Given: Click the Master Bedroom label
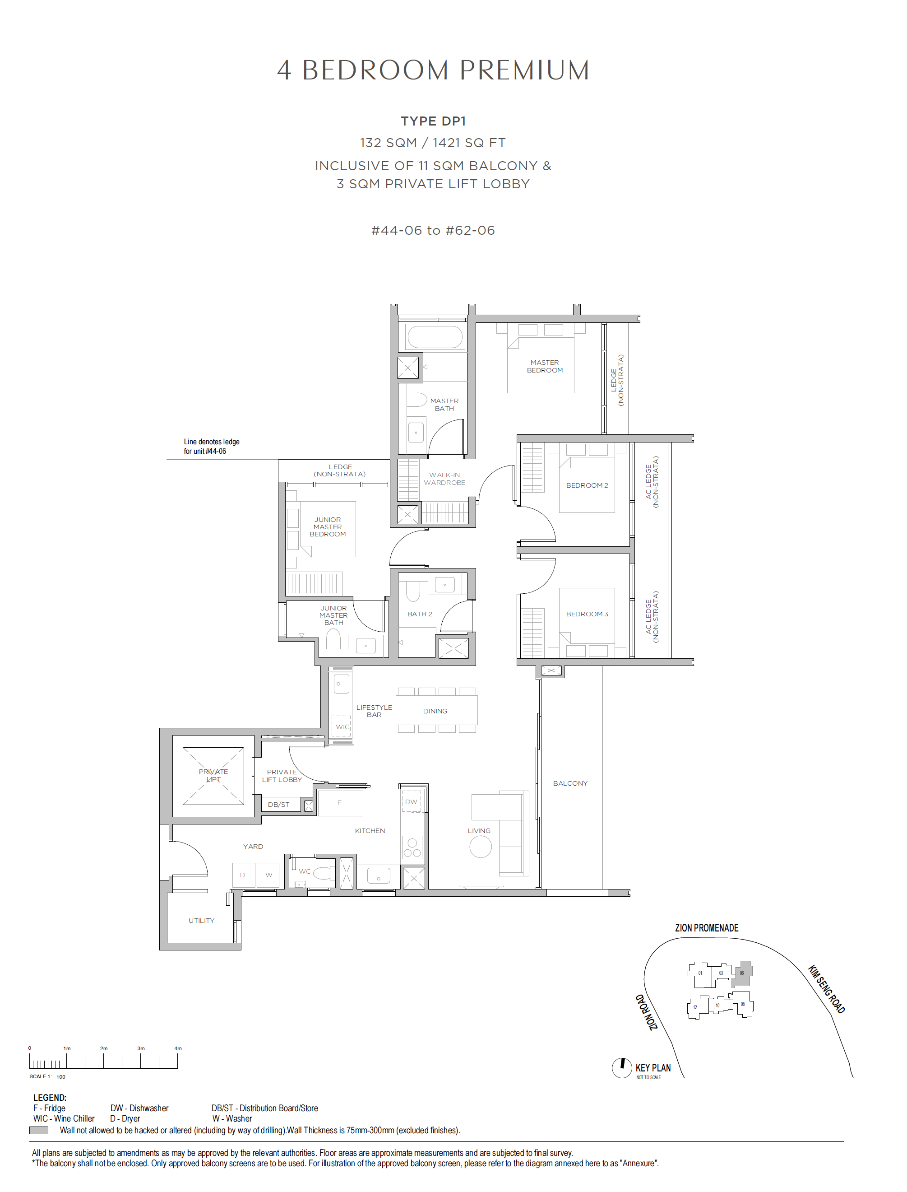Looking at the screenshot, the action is [545, 366].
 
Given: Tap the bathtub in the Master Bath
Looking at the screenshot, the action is [435, 336].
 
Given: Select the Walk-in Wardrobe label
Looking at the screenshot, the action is [444, 479].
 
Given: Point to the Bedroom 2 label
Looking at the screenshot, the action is [587, 485].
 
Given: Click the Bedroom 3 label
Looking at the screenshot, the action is [587, 614].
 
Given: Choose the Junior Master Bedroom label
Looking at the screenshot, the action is [328, 526].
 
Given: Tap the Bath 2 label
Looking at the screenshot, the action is [420, 614].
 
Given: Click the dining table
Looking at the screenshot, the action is [437, 710].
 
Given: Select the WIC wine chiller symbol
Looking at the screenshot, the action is [341, 727].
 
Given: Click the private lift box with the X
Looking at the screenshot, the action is [213, 776].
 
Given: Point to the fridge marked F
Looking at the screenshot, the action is [340, 803].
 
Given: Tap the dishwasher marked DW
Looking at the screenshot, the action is [412, 801].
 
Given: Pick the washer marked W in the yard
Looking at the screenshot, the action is [268, 875].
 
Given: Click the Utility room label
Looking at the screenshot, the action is [201, 920].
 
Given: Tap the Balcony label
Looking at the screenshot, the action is [570, 783].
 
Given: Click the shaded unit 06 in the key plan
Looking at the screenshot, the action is [743, 973].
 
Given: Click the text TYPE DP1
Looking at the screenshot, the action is [433, 121].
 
